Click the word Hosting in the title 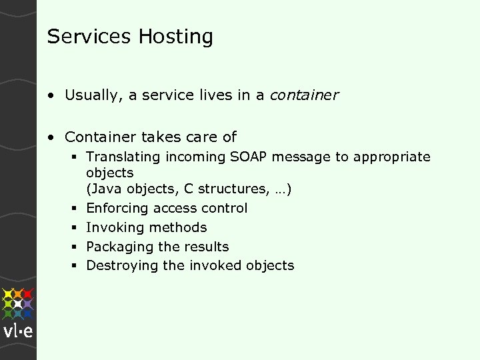click(176, 37)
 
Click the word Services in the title click(89, 36)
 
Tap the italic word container click(304, 95)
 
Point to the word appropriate click(392, 157)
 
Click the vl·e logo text click(18, 331)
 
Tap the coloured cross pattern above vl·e click(18, 303)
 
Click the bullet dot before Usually click(51, 96)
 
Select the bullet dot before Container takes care click(51, 137)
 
